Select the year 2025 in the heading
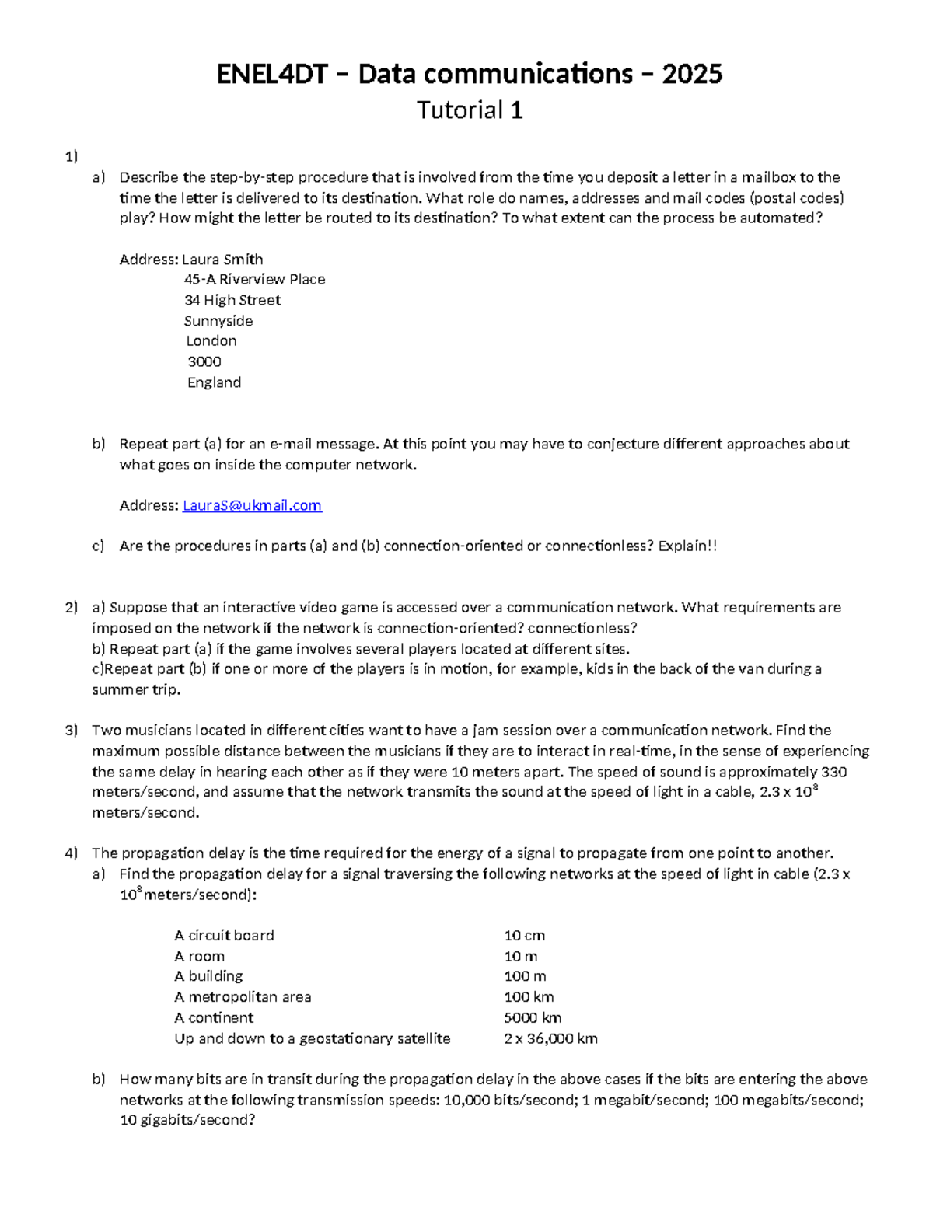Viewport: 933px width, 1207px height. pos(691,75)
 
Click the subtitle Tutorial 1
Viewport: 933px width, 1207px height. pos(470,110)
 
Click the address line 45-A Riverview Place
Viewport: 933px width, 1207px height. pos(254,279)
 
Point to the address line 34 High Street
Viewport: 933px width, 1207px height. pos(232,300)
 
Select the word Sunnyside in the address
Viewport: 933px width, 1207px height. pos(218,321)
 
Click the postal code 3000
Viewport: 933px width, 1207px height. pos(204,361)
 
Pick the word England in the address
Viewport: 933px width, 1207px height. pos(214,382)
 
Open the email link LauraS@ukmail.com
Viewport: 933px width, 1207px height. pos(252,505)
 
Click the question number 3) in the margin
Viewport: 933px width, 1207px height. pos(72,731)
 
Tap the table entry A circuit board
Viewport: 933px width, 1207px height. pos(224,936)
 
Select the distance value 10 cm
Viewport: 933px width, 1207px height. pos(524,936)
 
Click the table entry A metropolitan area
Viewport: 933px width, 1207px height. pos(243,997)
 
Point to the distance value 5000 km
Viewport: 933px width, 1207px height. pos(533,1018)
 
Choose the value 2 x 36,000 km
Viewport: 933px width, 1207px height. pos(550,1039)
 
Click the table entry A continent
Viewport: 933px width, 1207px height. pos(214,1018)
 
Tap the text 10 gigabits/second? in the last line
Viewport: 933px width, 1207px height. pos(187,1120)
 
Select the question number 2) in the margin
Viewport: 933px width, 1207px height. pos(72,608)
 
